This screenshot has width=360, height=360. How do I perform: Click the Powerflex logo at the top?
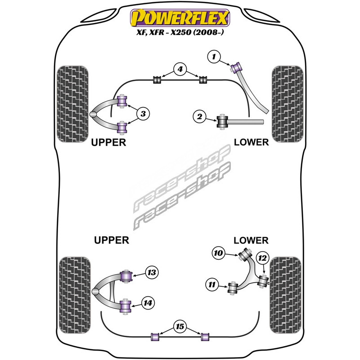(x=180, y=18)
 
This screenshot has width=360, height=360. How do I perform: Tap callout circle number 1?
(x=214, y=57)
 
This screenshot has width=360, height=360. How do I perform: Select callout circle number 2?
(x=199, y=117)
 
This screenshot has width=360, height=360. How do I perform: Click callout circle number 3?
(x=143, y=114)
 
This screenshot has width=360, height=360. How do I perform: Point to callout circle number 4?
(x=180, y=69)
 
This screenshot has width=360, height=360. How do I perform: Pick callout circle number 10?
(x=218, y=253)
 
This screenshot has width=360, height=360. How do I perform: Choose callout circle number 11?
(x=212, y=285)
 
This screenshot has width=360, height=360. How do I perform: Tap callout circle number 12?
(x=262, y=258)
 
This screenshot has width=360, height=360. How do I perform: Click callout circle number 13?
(x=152, y=273)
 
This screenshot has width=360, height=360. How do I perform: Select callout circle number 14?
(x=148, y=303)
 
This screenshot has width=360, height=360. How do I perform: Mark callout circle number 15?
(x=180, y=326)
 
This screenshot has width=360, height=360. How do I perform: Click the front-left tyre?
(x=72, y=104)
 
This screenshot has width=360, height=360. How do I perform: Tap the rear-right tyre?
(x=285, y=295)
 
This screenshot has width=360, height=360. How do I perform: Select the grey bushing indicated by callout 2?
(x=222, y=121)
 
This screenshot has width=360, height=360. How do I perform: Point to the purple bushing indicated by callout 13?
(x=126, y=276)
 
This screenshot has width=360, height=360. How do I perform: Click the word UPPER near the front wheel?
(x=108, y=142)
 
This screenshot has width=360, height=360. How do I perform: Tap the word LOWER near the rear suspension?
(x=251, y=240)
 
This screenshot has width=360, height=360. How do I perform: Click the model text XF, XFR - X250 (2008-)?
(x=180, y=32)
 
